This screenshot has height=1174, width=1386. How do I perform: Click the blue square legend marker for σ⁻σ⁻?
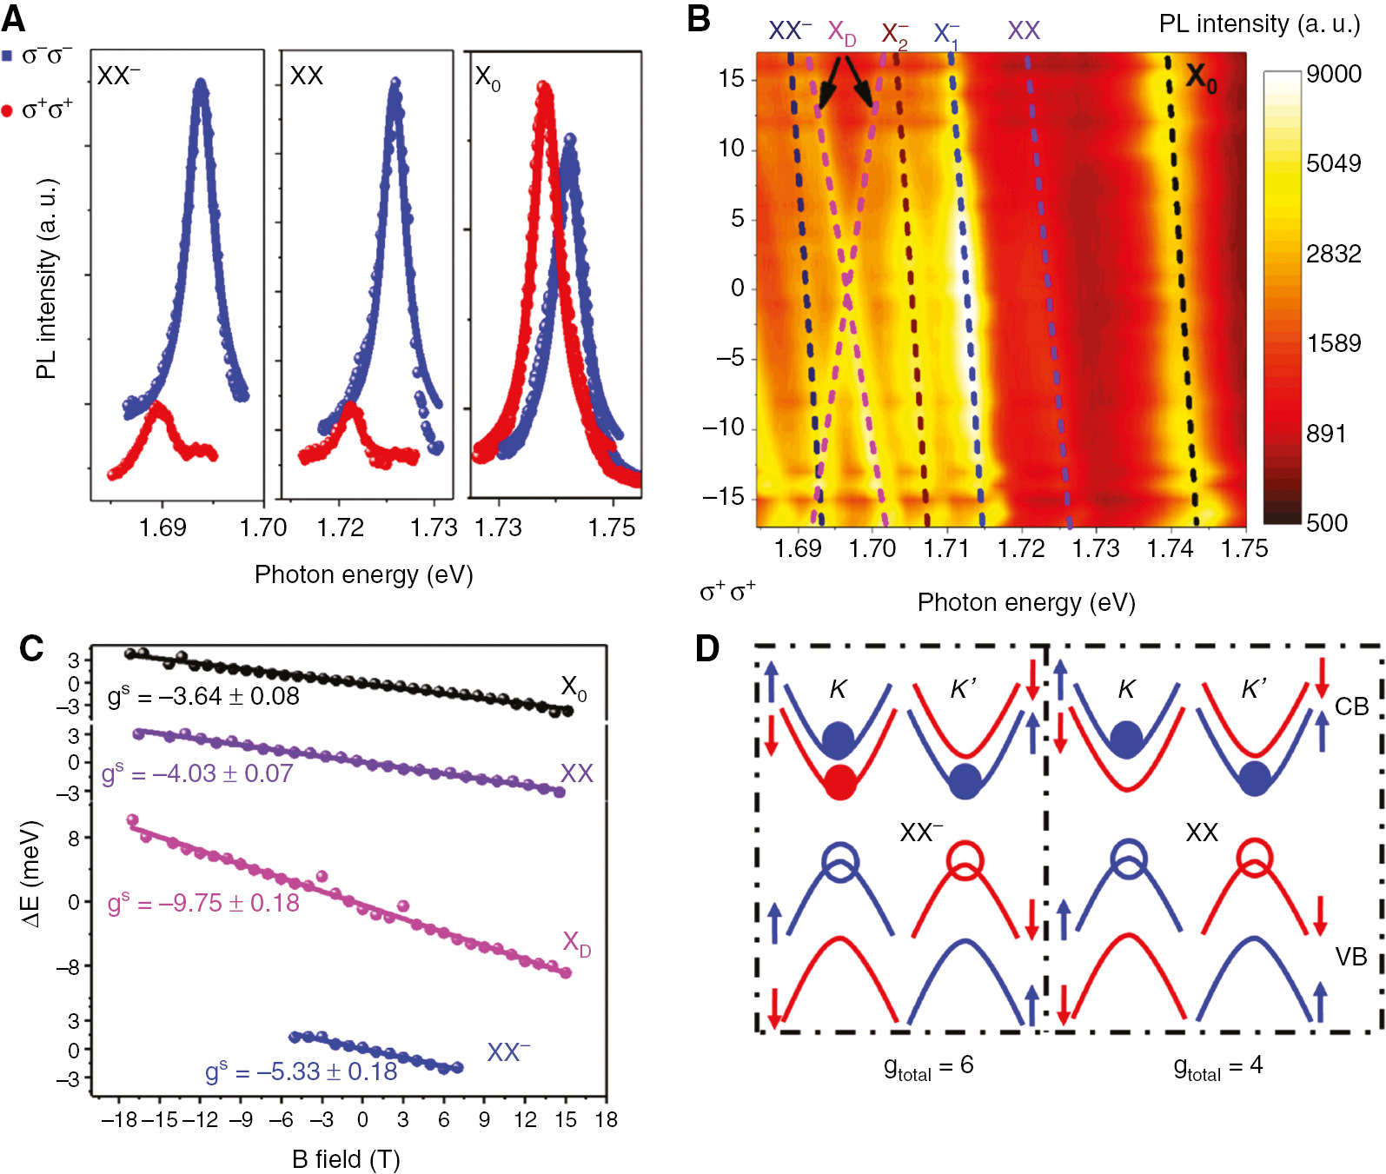pos(7,56)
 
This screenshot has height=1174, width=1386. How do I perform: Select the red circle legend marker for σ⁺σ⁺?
pos(7,110)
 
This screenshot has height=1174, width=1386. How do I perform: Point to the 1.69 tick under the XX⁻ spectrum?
pos(162,527)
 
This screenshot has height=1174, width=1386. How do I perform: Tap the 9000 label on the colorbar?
pos(1333,74)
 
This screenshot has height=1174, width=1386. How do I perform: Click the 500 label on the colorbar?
pos(1327,523)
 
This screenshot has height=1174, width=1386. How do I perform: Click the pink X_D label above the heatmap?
pos(841,33)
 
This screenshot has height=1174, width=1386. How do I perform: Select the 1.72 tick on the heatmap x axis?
pos(1021,548)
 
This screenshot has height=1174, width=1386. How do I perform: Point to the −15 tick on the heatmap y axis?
pos(724,497)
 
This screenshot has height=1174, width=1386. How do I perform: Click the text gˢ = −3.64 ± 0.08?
pos(203,696)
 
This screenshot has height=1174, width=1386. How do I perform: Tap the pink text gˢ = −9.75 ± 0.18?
pos(203,903)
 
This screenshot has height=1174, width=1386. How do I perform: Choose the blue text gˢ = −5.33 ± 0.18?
pos(301,1071)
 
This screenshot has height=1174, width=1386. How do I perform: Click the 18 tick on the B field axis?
pos(606,1119)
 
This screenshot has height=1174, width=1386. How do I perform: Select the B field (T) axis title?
pos(346,1159)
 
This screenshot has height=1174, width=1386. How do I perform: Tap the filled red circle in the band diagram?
pos(839,783)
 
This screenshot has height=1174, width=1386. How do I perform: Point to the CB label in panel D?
pos(1351,706)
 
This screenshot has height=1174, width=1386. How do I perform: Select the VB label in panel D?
pos(1351,957)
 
